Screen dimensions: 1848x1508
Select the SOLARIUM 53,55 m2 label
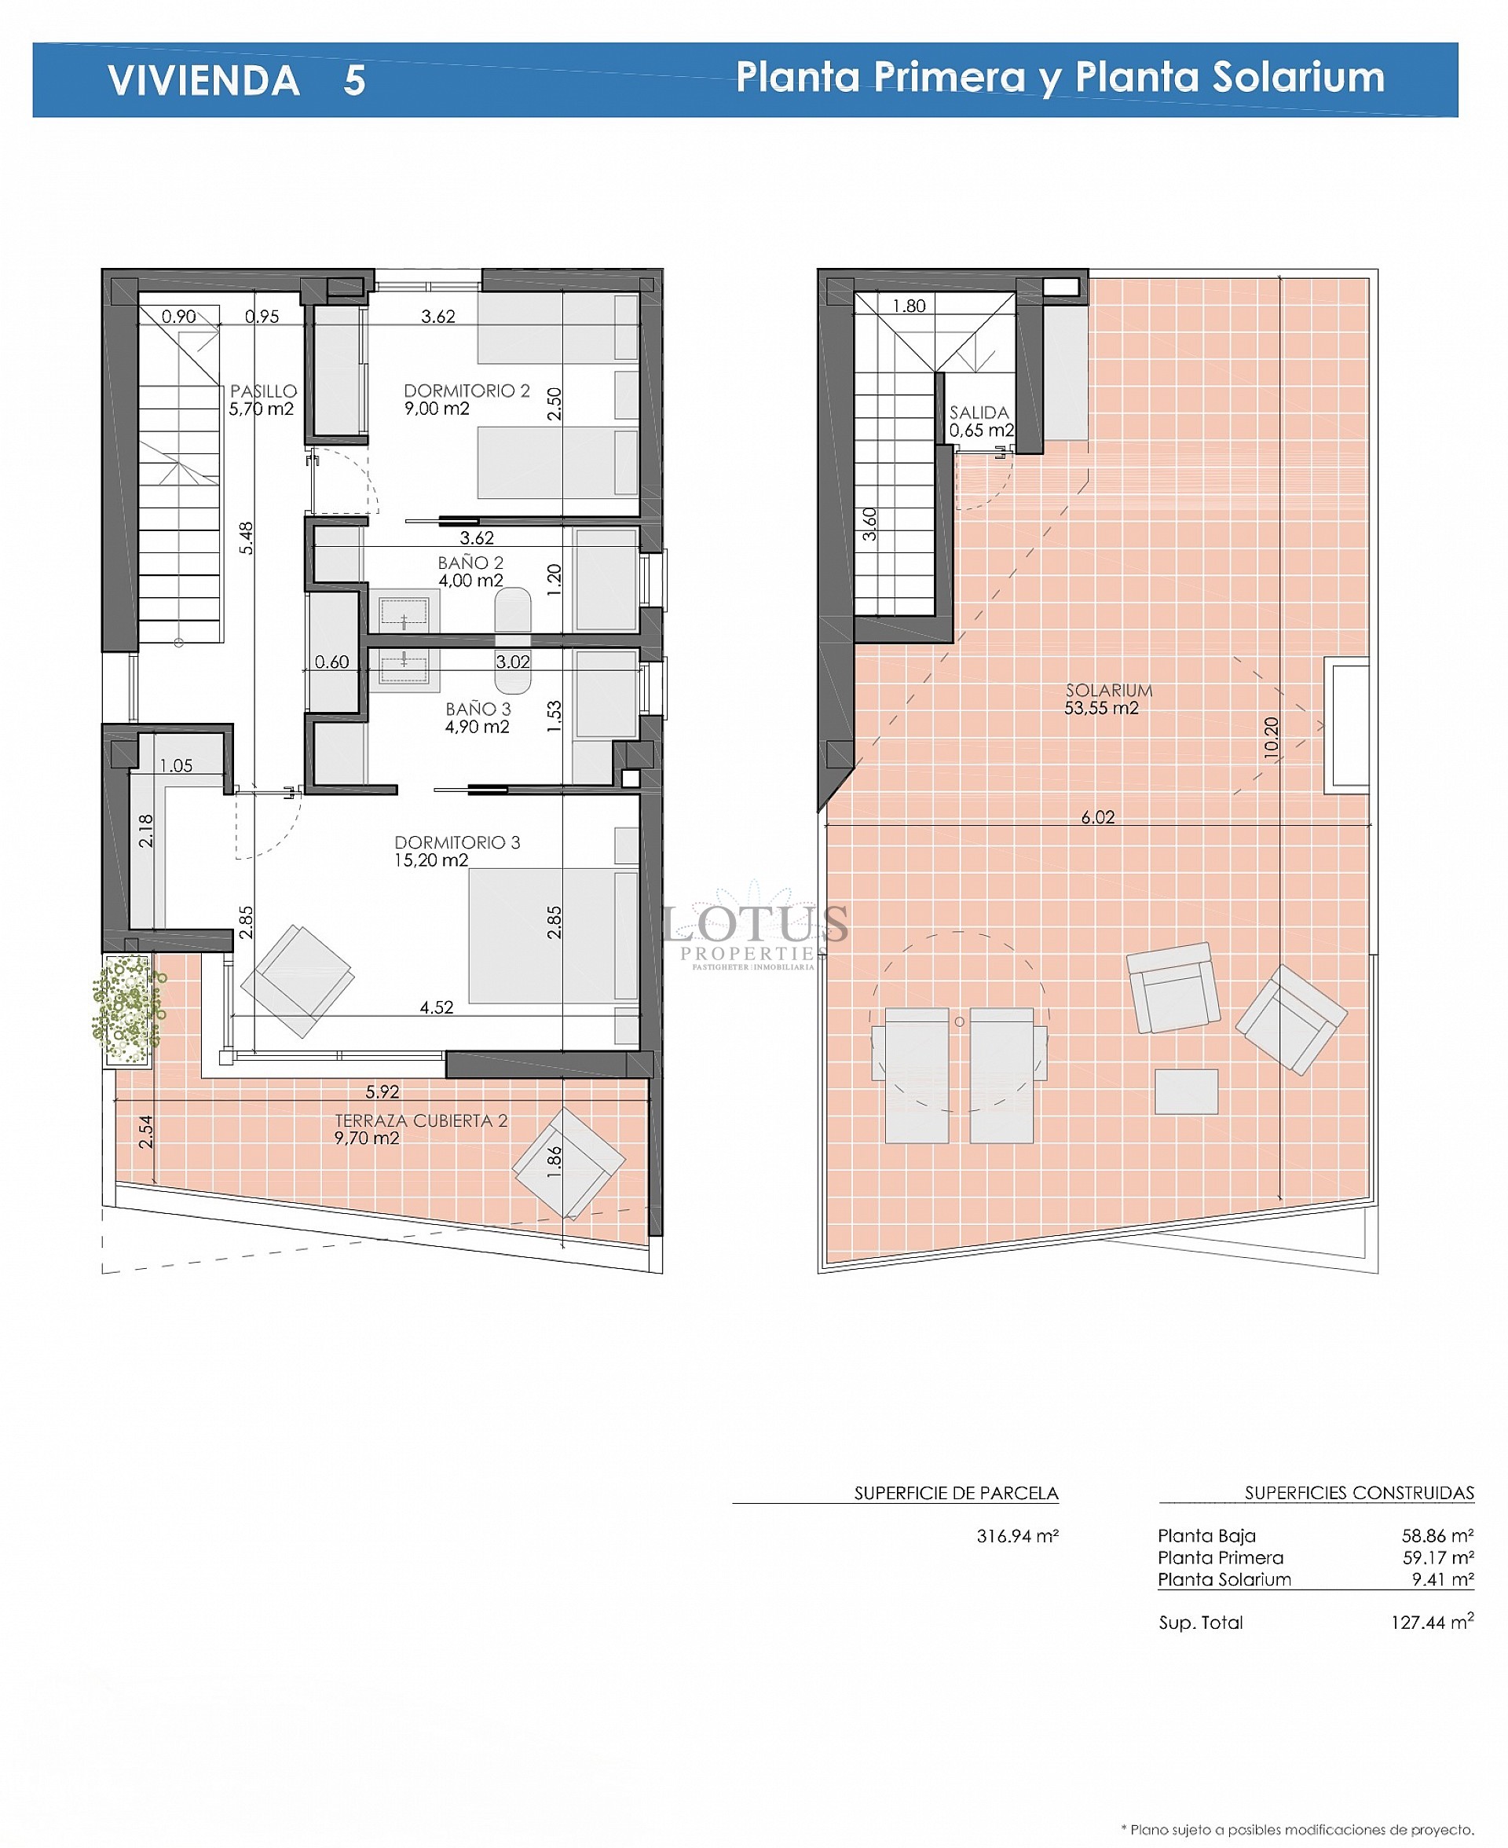(1107, 698)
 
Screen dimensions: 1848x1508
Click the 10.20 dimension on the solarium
(1271, 738)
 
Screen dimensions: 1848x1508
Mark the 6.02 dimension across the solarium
(1097, 816)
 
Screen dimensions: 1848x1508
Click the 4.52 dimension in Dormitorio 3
(436, 1007)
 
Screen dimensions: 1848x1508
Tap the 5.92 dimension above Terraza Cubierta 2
(382, 1091)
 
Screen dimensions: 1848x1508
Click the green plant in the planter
(129, 1008)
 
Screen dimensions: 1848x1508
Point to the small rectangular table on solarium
(1186, 1091)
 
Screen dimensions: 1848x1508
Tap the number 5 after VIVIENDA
(353, 81)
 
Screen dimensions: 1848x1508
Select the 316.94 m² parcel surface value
(1017, 1535)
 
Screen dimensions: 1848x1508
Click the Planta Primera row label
(1220, 1557)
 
